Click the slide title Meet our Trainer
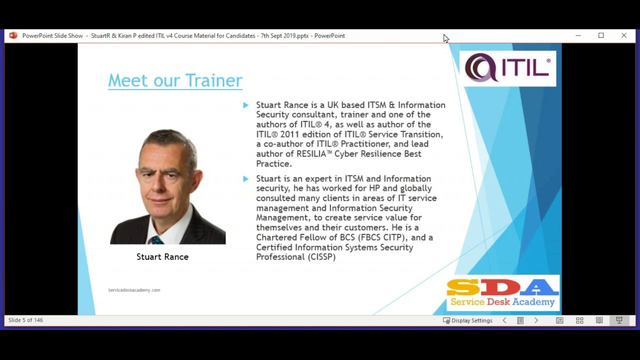point(175,80)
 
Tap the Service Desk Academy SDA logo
point(502,293)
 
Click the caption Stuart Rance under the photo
point(162,256)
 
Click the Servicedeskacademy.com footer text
point(134,290)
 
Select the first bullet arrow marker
point(245,105)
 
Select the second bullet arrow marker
point(245,178)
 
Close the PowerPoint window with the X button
point(624,35)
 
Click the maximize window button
point(601,35)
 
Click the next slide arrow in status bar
point(536,320)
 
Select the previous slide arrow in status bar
point(504,320)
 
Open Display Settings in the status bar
point(467,320)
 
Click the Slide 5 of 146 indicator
point(25,320)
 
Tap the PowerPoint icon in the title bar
point(13,35)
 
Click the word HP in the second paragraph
point(374,188)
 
